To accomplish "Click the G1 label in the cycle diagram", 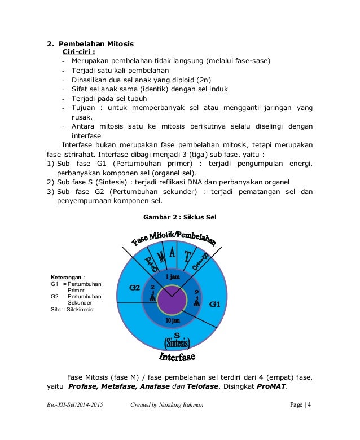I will [215, 304].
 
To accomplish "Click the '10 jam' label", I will [173, 320].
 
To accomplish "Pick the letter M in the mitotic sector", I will [161, 258].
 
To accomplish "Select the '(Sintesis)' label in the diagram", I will [177, 343].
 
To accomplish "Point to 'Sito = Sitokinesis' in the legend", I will [72, 309].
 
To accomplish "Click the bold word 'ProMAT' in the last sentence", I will [271, 386].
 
